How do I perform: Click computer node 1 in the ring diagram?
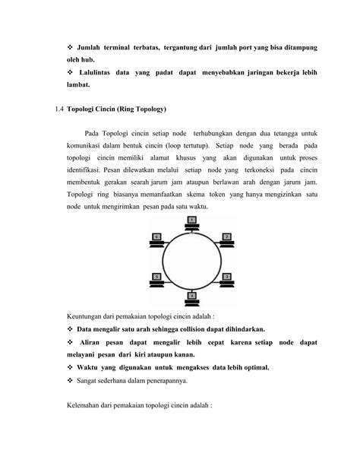[x=191, y=222]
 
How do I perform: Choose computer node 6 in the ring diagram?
[x=157, y=239]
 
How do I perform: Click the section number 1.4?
[x=60, y=109]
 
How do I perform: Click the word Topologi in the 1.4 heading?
[x=84, y=109]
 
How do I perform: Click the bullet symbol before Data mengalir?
[x=70, y=329]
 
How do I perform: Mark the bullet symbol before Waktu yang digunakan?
[x=70, y=367]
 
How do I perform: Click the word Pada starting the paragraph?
[x=94, y=134]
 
